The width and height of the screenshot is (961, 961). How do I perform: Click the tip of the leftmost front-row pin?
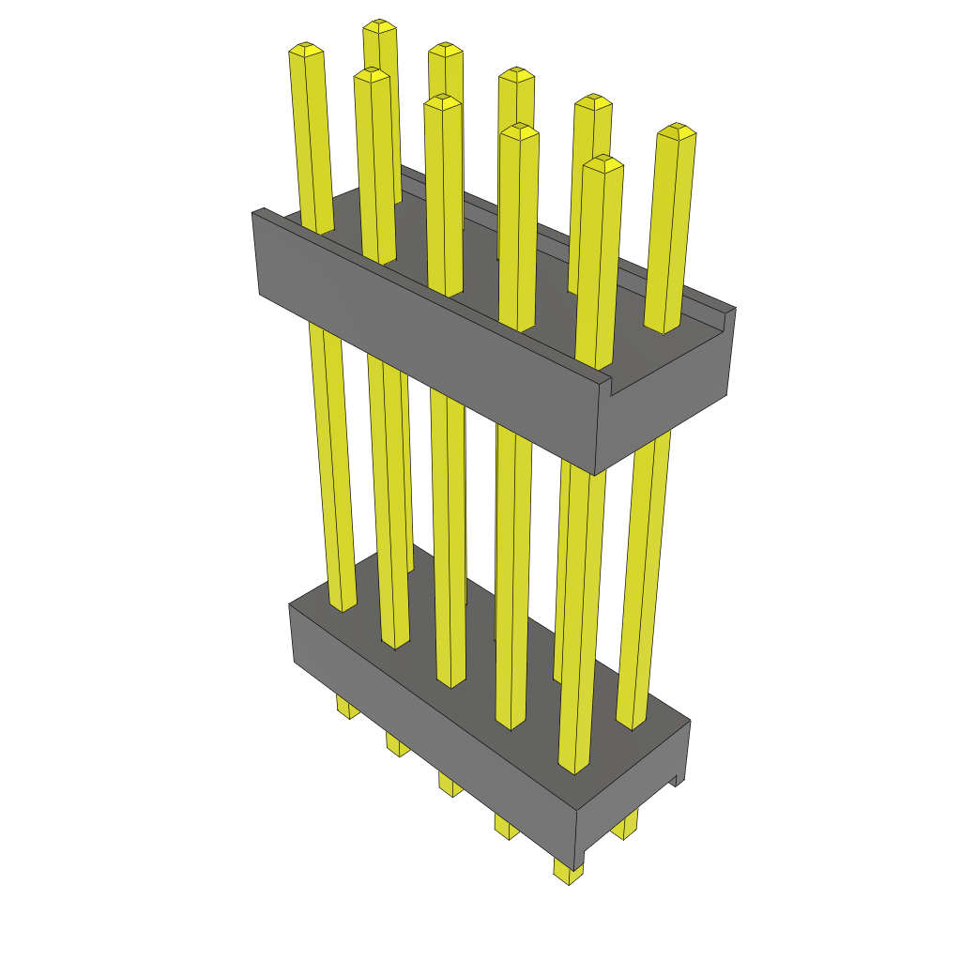[x=305, y=47]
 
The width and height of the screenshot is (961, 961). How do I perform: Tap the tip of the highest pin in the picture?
[x=378, y=23]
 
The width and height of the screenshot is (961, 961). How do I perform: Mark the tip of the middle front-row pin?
[x=442, y=99]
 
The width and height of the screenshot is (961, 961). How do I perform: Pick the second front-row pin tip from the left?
[x=372, y=73]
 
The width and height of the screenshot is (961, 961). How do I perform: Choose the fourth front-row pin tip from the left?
[x=519, y=129]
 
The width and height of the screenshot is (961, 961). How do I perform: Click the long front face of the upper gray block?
[x=422, y=347]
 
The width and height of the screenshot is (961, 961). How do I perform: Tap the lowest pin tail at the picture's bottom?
[x=568, y=873]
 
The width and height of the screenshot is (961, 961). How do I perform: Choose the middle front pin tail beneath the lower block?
[x=449, y=784]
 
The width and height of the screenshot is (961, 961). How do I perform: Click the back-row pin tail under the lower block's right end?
[x=625, y=826]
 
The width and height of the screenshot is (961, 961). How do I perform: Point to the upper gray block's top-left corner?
[x=253, y=214]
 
